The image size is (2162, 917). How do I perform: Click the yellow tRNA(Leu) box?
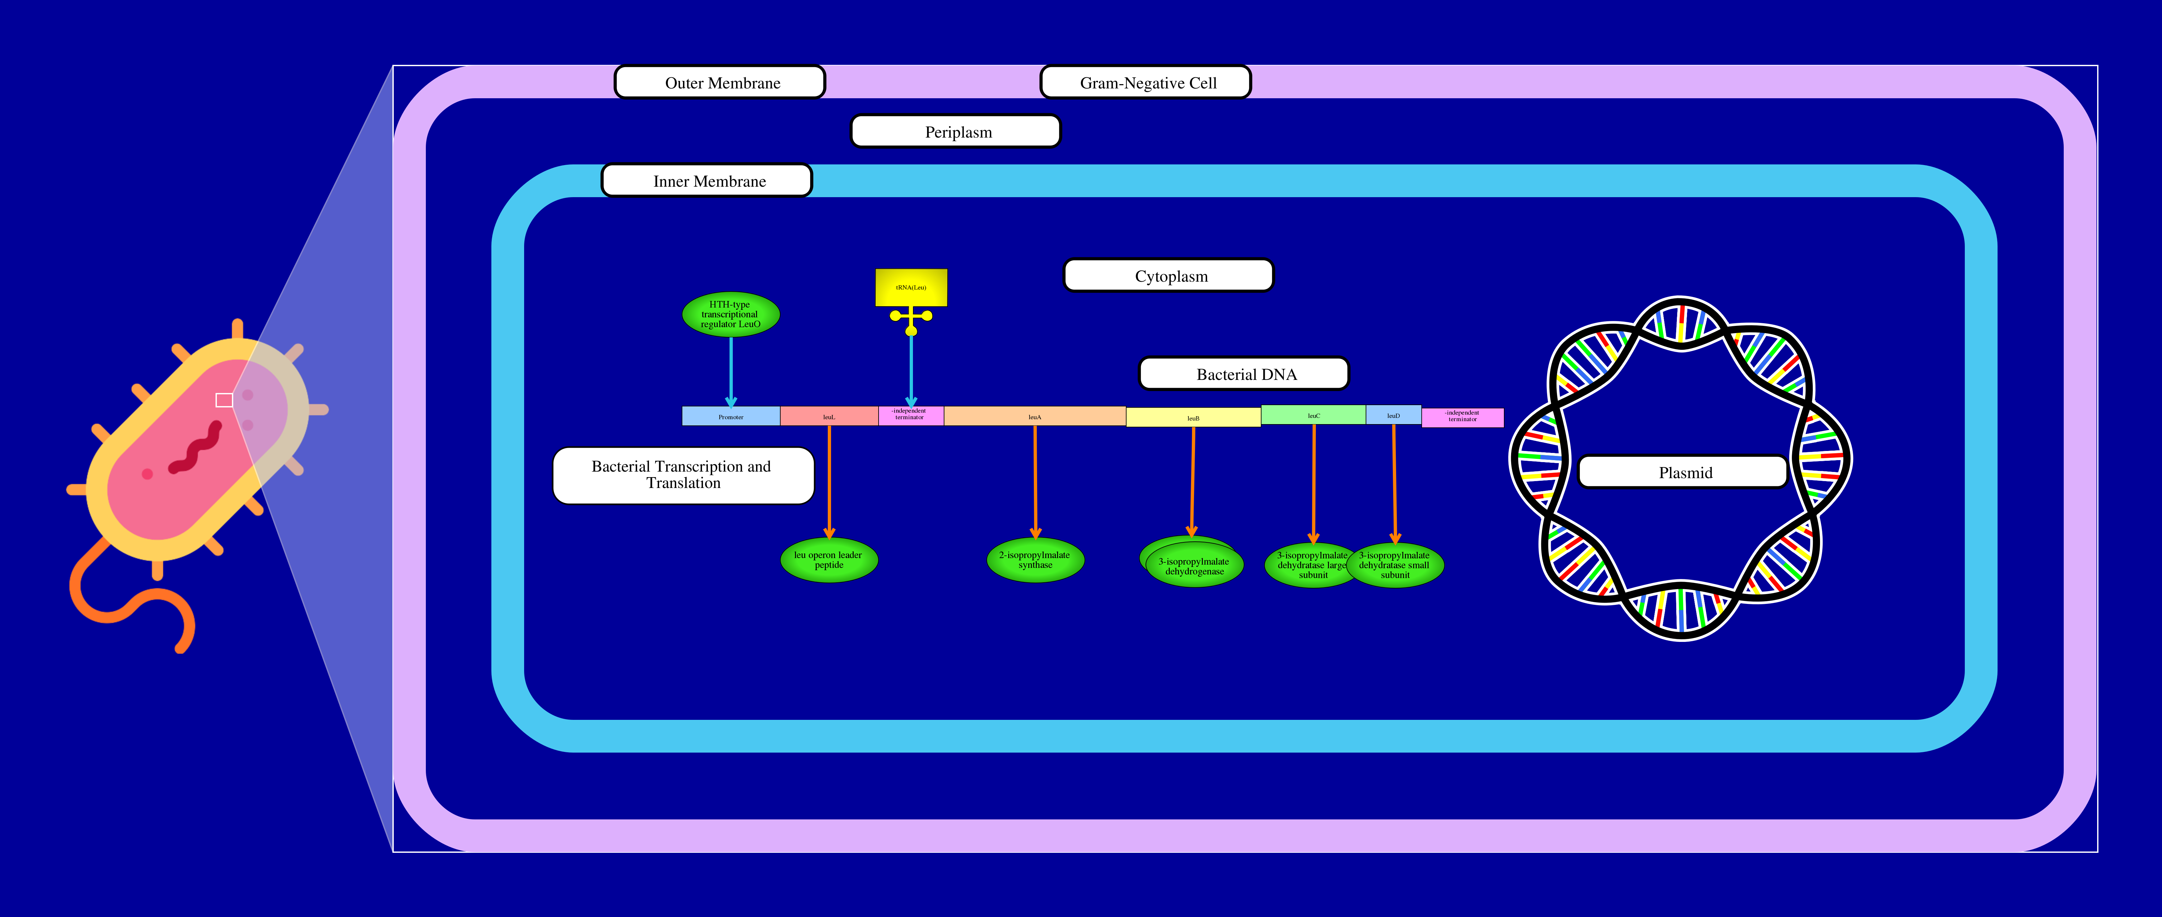pos(911,287)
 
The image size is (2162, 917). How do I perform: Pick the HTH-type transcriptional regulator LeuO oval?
pos(730,315)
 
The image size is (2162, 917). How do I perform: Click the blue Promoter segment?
pos(730,416)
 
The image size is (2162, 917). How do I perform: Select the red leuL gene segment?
pos(828,416)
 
